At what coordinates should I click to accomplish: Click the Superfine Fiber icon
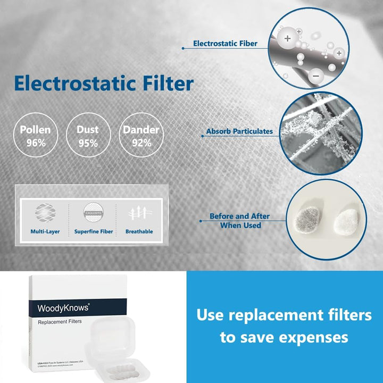[93, 213]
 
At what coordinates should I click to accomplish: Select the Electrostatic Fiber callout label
[226, 44]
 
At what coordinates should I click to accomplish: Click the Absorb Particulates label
[239, 131]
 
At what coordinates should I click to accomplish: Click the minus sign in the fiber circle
[316, 77]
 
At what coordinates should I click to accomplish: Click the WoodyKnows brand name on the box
[59, 307]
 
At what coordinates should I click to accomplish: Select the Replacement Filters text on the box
[60, 323]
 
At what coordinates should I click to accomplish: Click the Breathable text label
[139, 231]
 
